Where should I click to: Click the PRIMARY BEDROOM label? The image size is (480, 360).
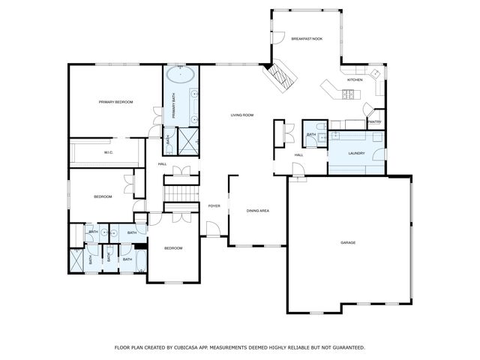115,101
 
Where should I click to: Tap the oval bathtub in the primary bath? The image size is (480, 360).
181,76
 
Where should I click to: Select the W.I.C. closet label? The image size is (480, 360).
108,153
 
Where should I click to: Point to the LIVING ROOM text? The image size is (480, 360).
241,115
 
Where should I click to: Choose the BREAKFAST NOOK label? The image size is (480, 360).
307,37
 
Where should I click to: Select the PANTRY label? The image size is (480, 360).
374,121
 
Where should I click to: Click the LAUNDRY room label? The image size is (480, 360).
356,153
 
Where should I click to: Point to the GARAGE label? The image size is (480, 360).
348,242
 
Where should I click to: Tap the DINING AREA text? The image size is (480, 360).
257,211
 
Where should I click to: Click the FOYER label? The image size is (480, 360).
214,205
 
